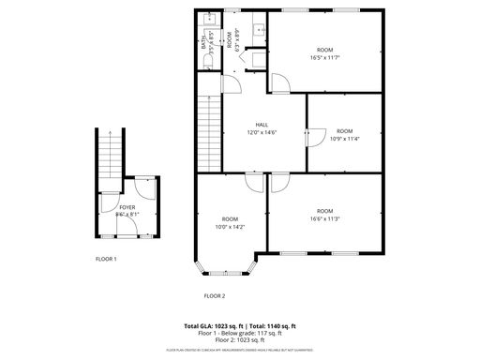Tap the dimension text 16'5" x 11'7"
pos(324,57)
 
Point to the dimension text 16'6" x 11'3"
pos(324,219)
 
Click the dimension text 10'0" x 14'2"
pos(229,226)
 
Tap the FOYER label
pos(127,206)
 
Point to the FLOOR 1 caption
pos(106,258)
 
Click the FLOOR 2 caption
pos(215,295)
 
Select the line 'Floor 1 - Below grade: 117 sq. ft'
pos(240,333)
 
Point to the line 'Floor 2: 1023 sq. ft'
pos(240,339)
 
